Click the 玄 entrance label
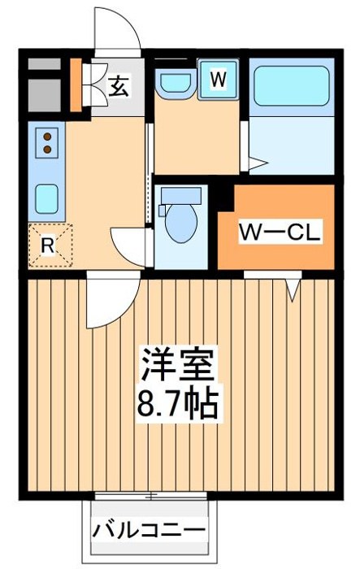coord(119,87)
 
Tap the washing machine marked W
coord(218,79)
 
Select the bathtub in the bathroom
coord(292,86)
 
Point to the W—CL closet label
coord(280,231)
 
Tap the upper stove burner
coord(47,137)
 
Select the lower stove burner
coord(47,149)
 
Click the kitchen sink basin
coord(47,199)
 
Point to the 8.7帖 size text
coord(178,404)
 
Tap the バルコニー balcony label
coord(149,532)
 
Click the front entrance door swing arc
coord(128,21)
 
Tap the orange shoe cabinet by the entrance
coord(76,85)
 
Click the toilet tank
coord(181,196)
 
